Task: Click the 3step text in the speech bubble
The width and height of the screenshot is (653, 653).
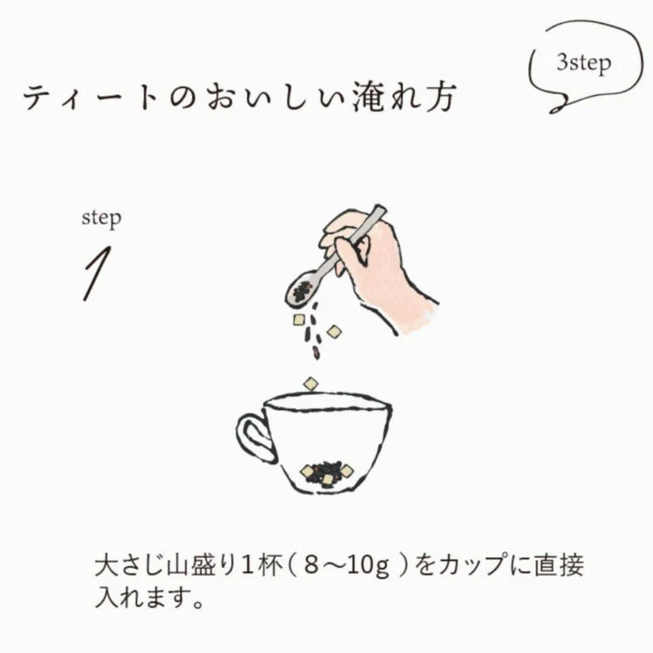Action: (583, 63)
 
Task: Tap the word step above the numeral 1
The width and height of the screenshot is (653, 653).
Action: (102, 218)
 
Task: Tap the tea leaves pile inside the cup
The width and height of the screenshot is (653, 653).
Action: (326, 473)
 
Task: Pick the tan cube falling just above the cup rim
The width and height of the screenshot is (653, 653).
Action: (310, 384)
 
